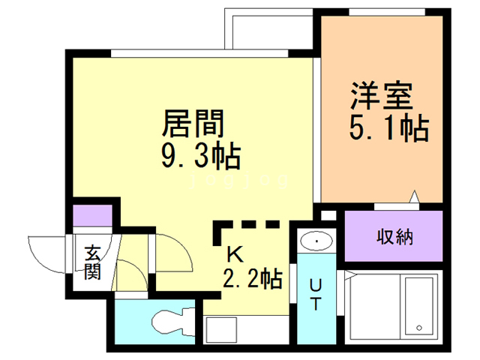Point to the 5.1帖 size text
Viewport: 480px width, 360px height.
point(388,129)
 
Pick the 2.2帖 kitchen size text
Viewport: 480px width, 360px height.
point(252,280)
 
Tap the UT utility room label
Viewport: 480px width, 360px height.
point(316,295)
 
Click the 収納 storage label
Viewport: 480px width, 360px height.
point(394,238)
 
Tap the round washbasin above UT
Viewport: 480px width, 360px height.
point(319,241)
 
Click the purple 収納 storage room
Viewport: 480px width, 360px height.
point(394,238)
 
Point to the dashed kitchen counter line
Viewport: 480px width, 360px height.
point(247,224)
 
